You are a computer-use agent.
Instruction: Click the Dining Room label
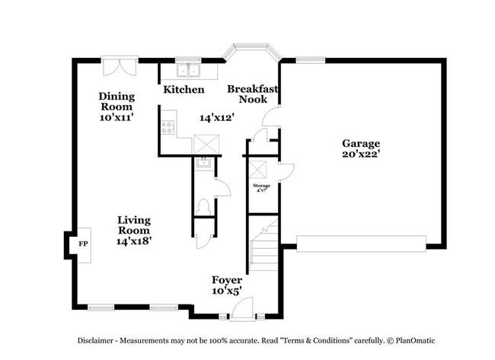click(x=117, y=107)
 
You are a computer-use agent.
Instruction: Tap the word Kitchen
click(x=184, y=90)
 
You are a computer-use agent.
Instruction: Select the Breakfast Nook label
click(x=252, y=94)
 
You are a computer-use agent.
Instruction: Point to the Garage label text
click(x=360, y=143)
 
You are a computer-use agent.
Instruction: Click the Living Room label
click(x=134, y=230)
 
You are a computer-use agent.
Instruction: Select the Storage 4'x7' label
click(x=260, y=187)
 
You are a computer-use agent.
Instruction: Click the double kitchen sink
click(x=187, y=70)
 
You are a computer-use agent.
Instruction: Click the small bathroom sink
click(x=203, y=161)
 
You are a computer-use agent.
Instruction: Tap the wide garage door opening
click(x=361, y=243)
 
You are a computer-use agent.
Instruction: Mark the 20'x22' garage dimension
click(x=360, y=155)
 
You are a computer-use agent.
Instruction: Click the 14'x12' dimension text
click(x=216, y=118)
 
